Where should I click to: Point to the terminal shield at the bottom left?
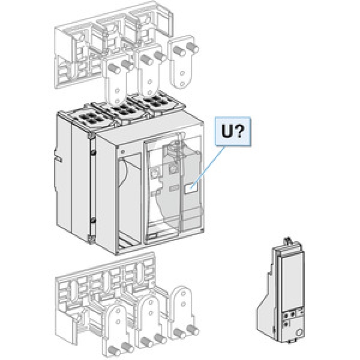coord(90,294)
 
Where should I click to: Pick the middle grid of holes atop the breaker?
coord(122,109)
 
